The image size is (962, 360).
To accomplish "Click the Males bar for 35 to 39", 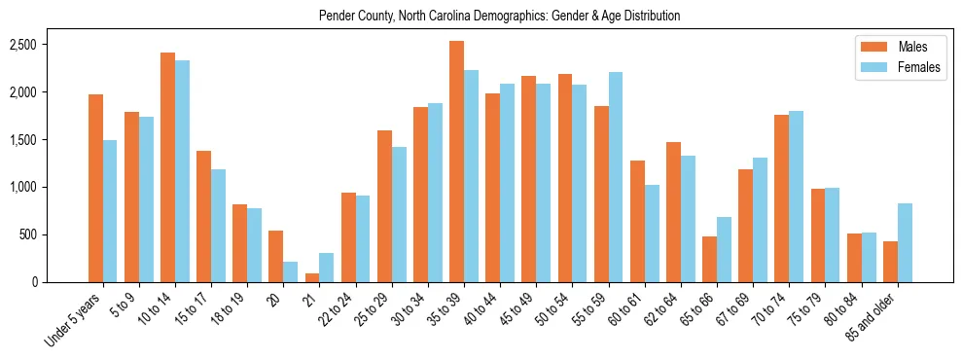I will (x=456, y=162).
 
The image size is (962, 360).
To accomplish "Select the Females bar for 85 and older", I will (x=905, y=242).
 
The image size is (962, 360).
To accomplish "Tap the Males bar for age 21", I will (x=312, y=277).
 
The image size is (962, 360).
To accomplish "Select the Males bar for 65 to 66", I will (x=710, y=259).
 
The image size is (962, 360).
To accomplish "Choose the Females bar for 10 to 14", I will (x=182, y=171).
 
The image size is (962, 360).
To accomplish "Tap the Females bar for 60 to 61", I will (x=652, y=234).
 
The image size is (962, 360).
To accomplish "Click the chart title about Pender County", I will (x=499, y=17).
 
